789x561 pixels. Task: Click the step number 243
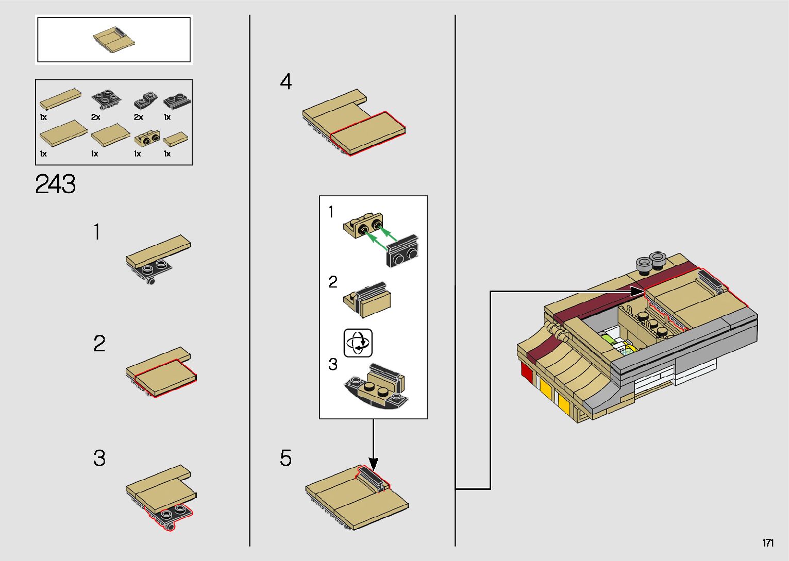tap(55, 184)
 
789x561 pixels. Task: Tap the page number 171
tap(768, 542)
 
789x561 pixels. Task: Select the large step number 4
tap(286, 81)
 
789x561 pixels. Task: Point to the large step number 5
tap(286, 458)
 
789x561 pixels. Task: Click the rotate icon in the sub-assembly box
tap(358, 343)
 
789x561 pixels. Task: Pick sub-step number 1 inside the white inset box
tap(331, 212)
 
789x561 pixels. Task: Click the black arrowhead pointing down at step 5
tap(373, 464)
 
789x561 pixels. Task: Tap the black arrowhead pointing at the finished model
tap(637, 291)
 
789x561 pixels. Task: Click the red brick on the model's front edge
tap(526, 372)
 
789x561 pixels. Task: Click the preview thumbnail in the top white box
tap(114, 40)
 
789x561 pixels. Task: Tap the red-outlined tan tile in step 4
tap(367, 133)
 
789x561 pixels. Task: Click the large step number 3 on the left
tap(99, 458)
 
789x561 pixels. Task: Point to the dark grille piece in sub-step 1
tap(402, 250)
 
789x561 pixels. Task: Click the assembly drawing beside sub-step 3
tap(376, 386)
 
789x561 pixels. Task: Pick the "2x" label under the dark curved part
tap(138, 117)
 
